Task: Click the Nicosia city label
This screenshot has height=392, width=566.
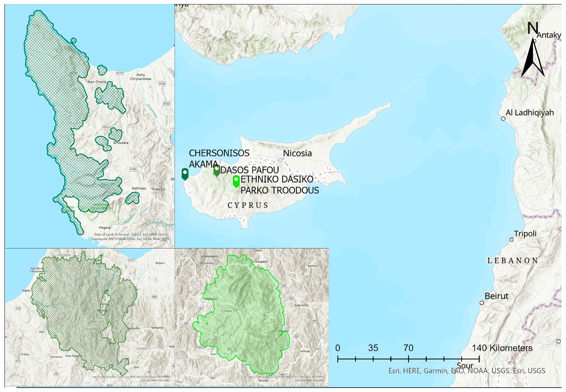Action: coord(297,153)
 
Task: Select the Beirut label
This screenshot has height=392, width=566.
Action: coord(497,296)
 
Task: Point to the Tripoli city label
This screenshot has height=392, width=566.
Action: coord(525,234)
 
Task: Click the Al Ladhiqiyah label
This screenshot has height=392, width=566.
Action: coord(530,113)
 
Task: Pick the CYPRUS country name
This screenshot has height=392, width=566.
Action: coord(248,205)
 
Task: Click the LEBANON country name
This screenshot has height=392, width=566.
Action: coord(513,261)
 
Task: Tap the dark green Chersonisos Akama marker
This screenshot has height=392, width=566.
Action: coord(185,174)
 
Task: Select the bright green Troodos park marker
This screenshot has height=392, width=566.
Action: coord(236,181)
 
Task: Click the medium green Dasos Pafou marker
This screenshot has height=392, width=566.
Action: coord(217,170)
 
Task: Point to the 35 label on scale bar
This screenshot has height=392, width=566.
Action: coord(373,348)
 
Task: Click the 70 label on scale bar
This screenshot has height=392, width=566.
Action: coord(409,348)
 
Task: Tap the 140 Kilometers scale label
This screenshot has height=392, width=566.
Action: coord(502,348)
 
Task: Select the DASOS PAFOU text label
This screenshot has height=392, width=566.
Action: coord(250,170)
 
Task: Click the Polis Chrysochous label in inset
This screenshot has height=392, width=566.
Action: coord(141,77)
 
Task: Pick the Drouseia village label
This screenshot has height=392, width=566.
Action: coord(121,143)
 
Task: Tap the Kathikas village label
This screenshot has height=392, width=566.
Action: coord(139,188)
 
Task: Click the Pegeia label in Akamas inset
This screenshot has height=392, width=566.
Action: coord(105,228)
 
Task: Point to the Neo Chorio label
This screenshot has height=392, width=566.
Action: coord(97,82)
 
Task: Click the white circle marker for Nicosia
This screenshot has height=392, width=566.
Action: coord(280,160)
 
